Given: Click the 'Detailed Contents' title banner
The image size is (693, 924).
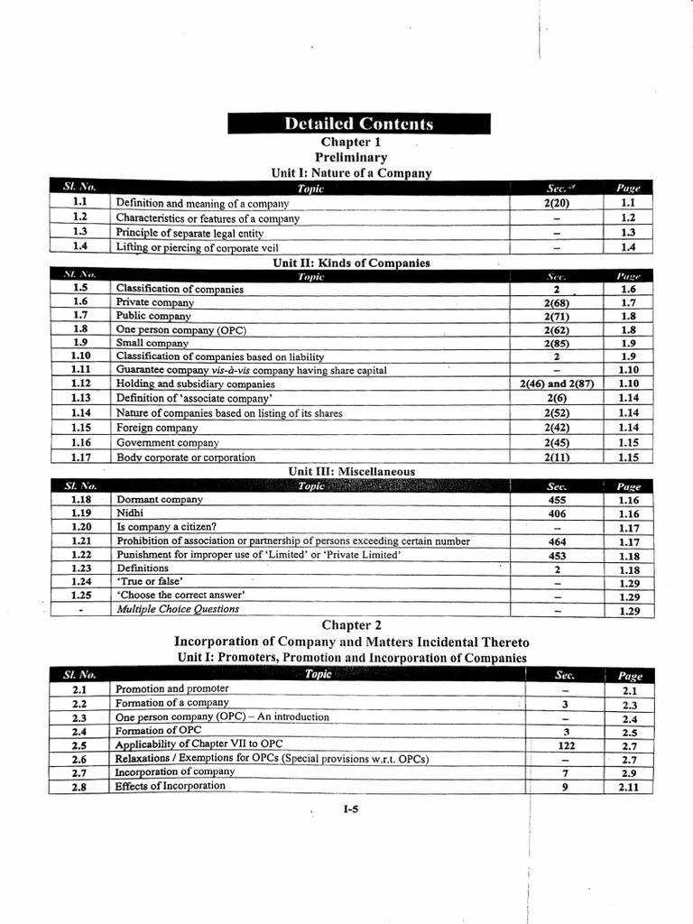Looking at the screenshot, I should coord(358,124).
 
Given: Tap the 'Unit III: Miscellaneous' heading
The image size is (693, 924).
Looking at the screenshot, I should coord(352,471).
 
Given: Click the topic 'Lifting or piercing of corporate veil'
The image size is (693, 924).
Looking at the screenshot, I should coord(198,247).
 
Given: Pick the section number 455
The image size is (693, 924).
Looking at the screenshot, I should coord(557,500).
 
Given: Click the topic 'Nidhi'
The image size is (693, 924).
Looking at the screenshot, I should coord(131,513).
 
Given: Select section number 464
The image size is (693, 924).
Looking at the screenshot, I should coord(557,541).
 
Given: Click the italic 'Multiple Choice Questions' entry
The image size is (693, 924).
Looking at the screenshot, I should coord(178,609).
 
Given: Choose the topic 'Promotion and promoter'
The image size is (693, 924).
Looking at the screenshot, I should coord(172,688).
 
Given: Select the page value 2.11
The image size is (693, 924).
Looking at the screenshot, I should coord(629,787).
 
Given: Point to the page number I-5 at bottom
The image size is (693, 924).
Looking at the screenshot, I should coord(351,809).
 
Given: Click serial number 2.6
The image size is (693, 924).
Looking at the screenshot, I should coord(79,760).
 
